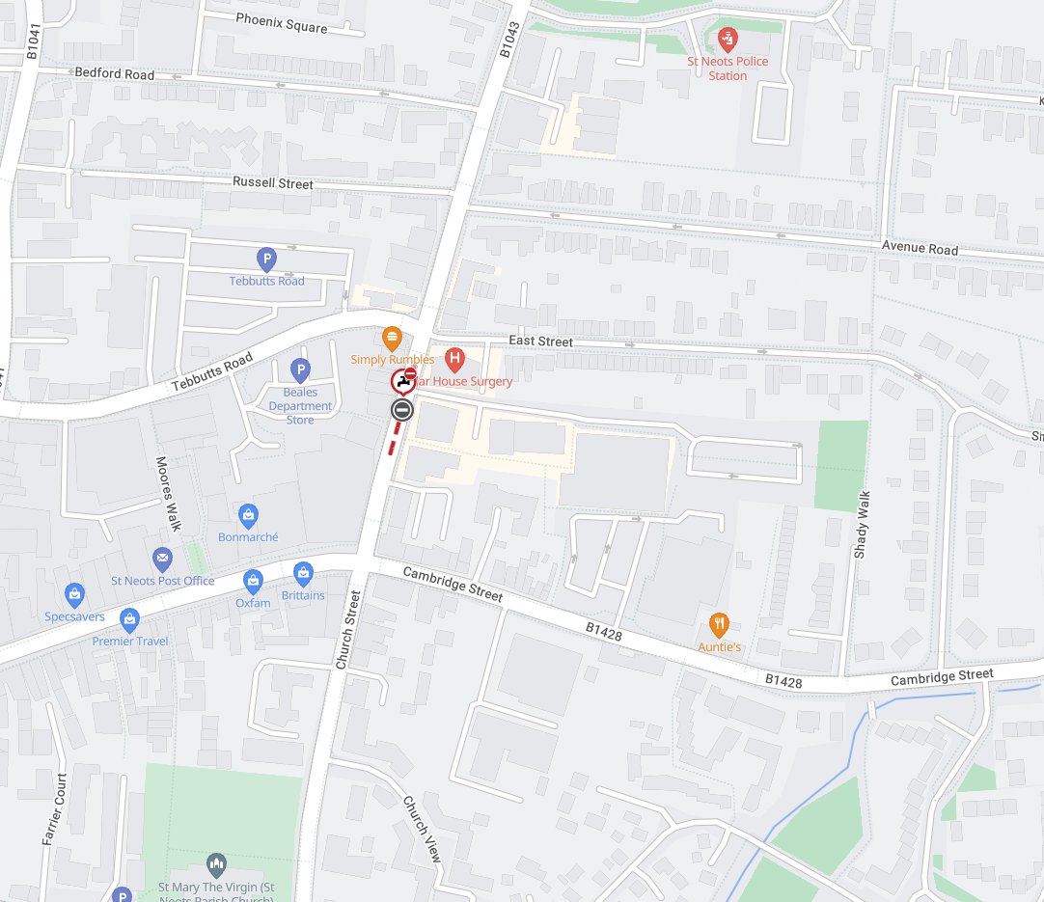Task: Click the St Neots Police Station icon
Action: coord(728,40)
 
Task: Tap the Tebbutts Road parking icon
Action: coord(266,260)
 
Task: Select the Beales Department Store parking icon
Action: coord(301,369)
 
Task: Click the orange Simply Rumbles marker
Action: coord(392,339)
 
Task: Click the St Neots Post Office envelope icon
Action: coord(162,559)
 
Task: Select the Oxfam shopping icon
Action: coord(253,581)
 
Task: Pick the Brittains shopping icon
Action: coord(303,573)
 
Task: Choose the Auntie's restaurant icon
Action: coord(718,624)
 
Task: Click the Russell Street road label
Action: coord(273,182)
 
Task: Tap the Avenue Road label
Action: coord(920,249)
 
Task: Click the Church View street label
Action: coord(423,829)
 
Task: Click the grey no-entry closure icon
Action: coord(402,410)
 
